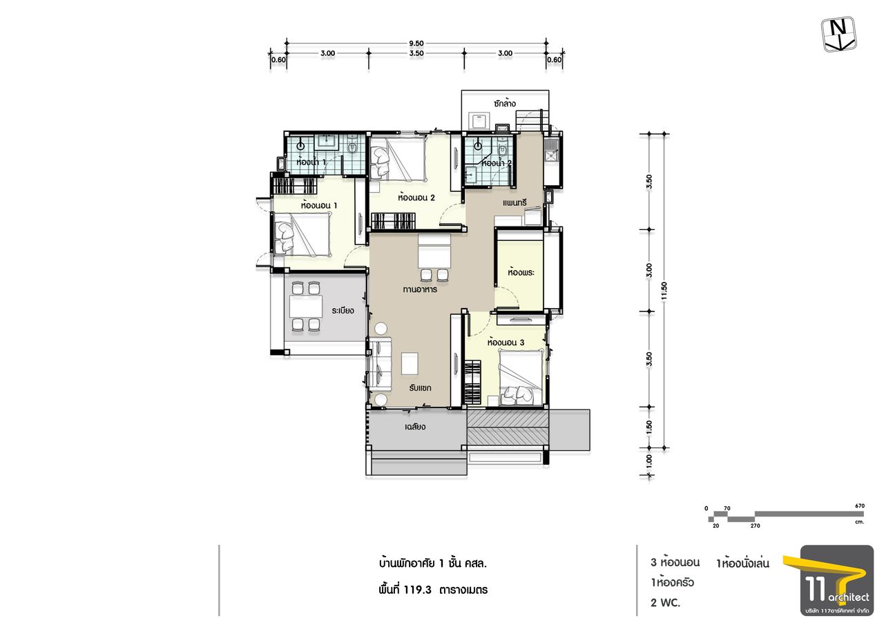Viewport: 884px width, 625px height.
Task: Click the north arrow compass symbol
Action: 838,34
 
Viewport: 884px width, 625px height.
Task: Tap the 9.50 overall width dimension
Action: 416,44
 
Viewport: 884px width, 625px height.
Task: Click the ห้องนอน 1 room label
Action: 319,206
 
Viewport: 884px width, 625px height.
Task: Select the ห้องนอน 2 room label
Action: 416,198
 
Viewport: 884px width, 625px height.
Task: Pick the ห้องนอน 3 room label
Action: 506,343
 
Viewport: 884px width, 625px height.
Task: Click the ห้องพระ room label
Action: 521,273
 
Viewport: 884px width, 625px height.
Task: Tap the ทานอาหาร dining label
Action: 420,289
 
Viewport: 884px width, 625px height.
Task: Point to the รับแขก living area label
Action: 420,388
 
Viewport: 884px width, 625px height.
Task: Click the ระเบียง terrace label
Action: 343,311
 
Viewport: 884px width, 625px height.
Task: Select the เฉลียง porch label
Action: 415,427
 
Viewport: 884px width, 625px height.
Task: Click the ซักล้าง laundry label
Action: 504,104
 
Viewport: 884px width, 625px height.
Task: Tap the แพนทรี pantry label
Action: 515,203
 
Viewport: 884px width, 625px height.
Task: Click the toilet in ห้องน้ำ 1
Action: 352,147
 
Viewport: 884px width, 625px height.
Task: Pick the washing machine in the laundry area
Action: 479,121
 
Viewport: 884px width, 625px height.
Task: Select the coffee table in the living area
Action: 410,364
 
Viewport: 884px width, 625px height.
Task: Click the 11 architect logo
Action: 837,580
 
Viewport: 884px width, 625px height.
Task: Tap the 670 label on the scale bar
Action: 860,506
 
